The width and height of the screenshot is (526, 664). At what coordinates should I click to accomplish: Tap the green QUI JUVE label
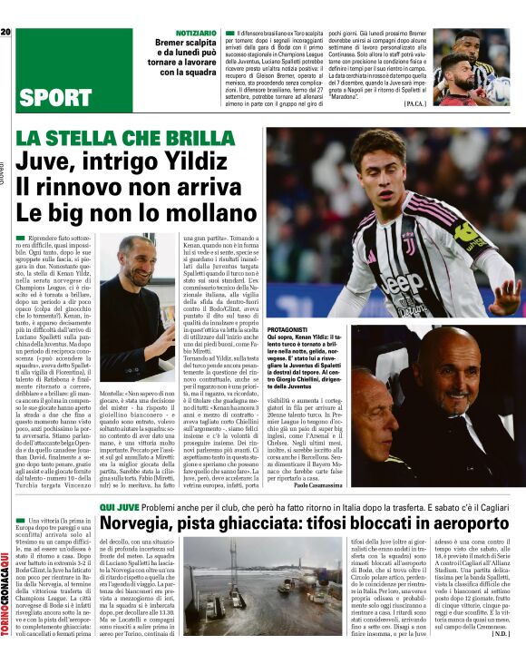pos(121,508)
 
